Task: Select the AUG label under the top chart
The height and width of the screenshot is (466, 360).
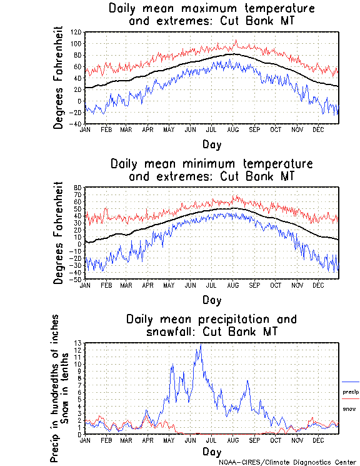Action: tap(233, 129)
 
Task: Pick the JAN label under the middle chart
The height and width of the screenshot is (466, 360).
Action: tap(85, 285)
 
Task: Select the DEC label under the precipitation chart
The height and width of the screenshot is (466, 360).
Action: tap(318, 440)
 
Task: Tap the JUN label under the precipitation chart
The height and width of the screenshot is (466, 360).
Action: tap(191, 440)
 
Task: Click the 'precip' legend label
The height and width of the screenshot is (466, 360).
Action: tap(351, 392)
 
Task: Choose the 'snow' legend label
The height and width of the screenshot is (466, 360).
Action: tap(349, 408)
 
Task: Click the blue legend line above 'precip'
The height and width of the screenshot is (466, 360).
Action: tap(351, 382)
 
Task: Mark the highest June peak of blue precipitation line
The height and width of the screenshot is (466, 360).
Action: tap(200, 345)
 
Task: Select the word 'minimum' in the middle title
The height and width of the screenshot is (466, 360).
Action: tap(211, 164)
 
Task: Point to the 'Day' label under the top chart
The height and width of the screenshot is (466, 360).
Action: tap(211, 144)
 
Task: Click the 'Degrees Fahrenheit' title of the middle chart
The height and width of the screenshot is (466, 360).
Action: tap(59, 233)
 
